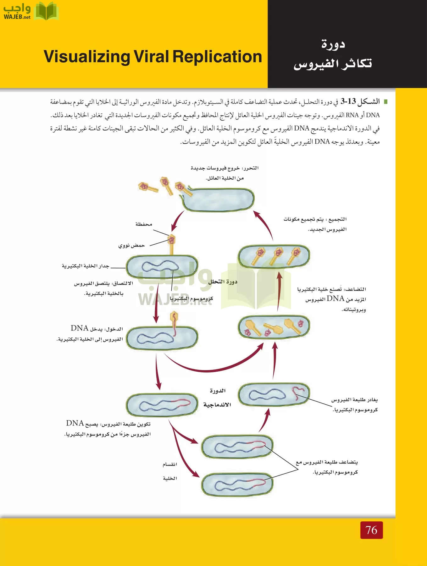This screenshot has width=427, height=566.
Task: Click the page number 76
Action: click(x=371, y=530)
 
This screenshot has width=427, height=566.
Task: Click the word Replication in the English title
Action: click(x=217, y=57)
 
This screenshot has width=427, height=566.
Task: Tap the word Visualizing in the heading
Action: click(x=87, y=57)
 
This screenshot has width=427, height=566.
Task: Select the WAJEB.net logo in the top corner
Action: click(x=31, y=11)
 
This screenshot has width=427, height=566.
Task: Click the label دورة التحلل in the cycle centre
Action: click(x=223, y=282)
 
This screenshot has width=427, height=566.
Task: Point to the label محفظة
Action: click(x=144, y=224)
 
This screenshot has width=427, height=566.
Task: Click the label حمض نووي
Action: click(x=131, y=245)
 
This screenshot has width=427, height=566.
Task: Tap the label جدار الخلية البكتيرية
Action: click(x=86, y=266)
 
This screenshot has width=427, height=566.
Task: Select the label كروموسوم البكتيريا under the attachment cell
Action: click(x=191, y=298)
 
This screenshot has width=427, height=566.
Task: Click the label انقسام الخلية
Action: click(x=170, y=471)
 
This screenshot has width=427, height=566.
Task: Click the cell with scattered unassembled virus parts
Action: click(x=274, y=327)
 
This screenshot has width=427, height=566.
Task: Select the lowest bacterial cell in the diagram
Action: click(x=237, y=485)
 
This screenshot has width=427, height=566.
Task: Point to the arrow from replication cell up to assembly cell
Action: click(x=279, y=291)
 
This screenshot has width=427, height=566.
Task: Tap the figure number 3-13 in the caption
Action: click(x=348, y=101)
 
